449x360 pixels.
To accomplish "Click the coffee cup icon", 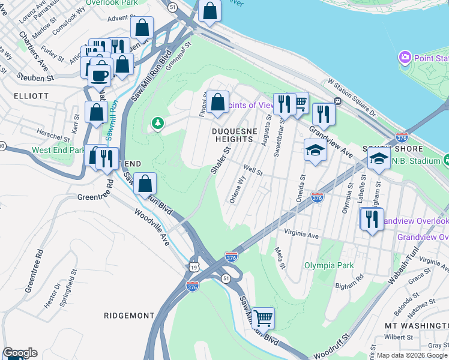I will click(100, 76).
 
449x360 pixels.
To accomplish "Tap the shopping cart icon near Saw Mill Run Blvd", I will click(263, 317).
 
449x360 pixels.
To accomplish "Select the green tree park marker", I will click(157, 123).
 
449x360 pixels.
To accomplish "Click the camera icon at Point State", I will click(405, 58).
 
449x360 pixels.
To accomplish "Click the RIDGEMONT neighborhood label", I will click(128, 315).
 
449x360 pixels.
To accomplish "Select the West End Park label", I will click(58, 150).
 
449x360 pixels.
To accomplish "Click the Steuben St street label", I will click(35, 77).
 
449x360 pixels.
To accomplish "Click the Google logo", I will click(20, 353).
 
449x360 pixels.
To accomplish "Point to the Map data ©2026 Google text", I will click(412, 355).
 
